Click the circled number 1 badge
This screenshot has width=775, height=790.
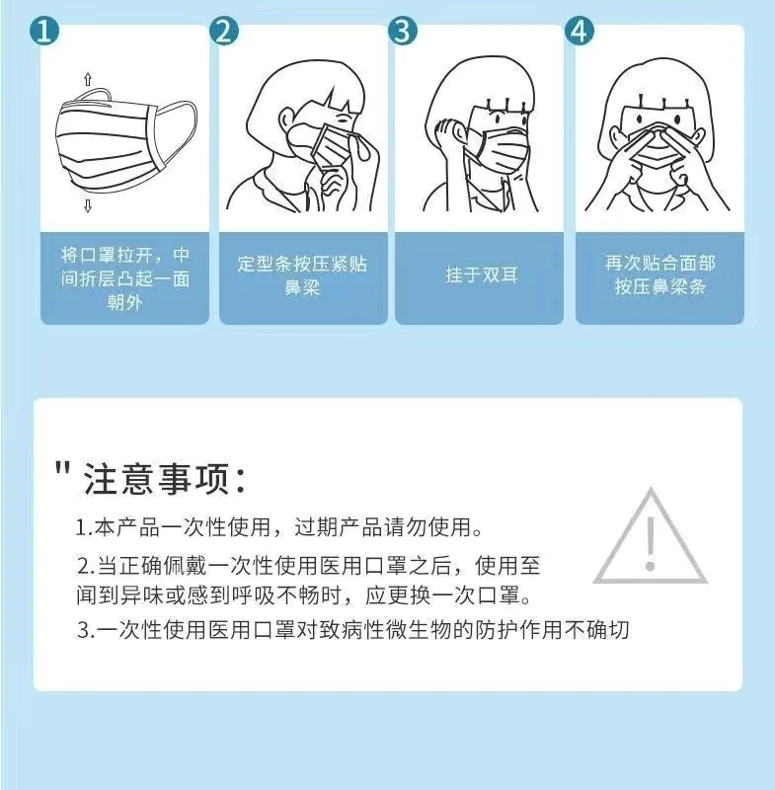pos(44,31)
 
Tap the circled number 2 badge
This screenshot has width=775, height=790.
pos(223,31)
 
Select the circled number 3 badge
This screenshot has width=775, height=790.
pos(403,31)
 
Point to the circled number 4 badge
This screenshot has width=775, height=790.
pos(580,31)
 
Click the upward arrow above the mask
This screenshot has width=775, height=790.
pos(88,79)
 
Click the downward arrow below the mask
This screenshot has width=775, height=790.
pos(88,205)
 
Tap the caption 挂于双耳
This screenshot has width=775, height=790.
pos(482,276)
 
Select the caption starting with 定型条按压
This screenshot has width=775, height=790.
pos(303,276)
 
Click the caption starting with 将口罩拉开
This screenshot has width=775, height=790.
pos(124,278)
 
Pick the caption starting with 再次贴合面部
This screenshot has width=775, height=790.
pos(660,276)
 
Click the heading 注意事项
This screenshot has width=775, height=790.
pos(165,479)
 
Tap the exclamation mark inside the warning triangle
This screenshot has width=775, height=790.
pos(651,544)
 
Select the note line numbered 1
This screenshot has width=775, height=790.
pos(279,527)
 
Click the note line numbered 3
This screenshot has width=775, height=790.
pos(353,630)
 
